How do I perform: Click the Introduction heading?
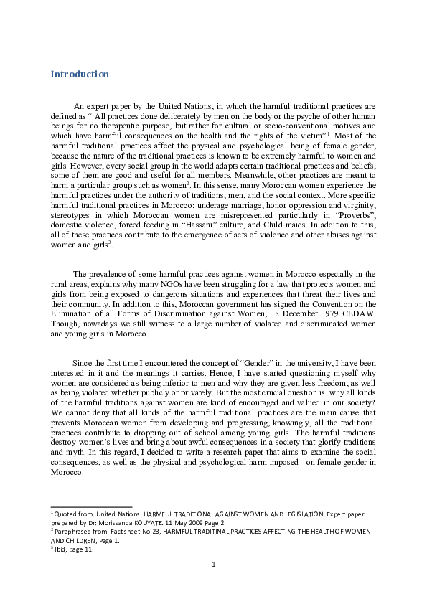point(80,75)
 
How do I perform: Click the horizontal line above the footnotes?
point(91,506)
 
